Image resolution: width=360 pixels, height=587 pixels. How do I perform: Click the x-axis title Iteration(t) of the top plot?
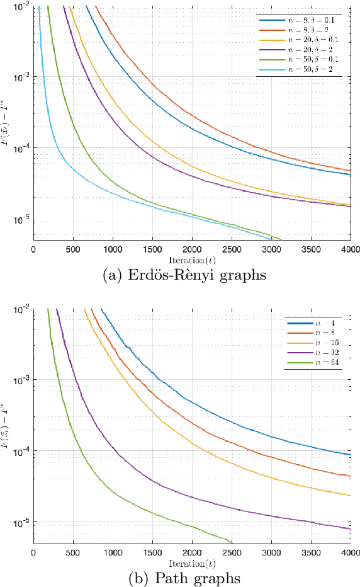click(x=192, y=259)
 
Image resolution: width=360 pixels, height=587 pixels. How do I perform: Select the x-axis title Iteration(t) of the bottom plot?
click(x=192, y=561)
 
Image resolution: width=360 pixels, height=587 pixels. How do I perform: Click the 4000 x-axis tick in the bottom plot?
click(x=350, y=552)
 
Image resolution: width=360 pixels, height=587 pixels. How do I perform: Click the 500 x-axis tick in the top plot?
click(x=73, y=249)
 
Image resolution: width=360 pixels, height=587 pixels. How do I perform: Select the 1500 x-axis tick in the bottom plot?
click(x=152, y=552)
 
